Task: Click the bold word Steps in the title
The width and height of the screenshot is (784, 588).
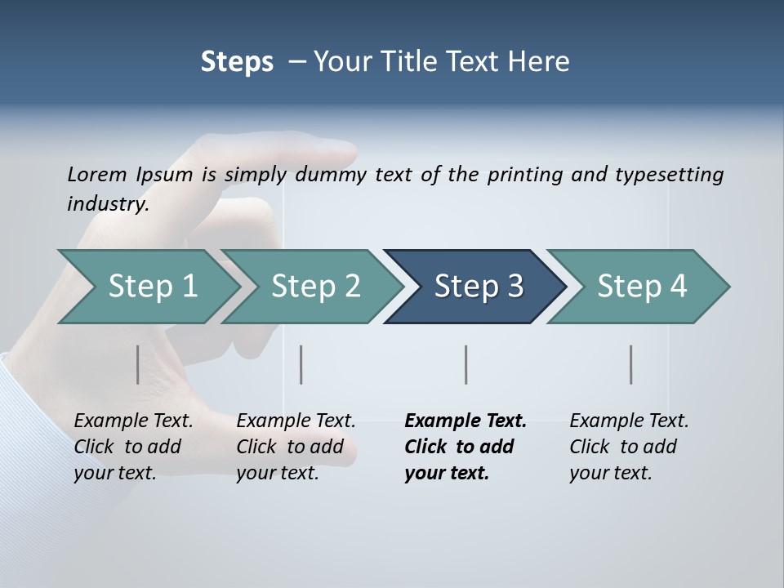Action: (x=237, y=62)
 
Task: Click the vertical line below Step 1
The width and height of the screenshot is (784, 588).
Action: (x=137, y=364)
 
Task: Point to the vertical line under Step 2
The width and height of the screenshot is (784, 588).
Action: (x=301, y=364)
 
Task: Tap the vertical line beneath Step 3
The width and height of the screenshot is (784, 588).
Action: (x=465, y=364)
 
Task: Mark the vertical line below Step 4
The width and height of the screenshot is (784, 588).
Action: (x=630, y=364)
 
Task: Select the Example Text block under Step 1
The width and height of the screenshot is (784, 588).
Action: (x=132, y=447)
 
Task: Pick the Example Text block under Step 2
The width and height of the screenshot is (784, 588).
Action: (x=295, y=447)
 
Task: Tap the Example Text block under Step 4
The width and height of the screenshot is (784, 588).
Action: (x=628, y=447)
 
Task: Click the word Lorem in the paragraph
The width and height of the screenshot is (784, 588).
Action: (x=96, y=175)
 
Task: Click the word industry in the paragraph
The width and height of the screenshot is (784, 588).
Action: (x=107, y=204)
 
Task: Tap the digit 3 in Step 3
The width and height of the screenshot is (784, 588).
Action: (x=514, y=287)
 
